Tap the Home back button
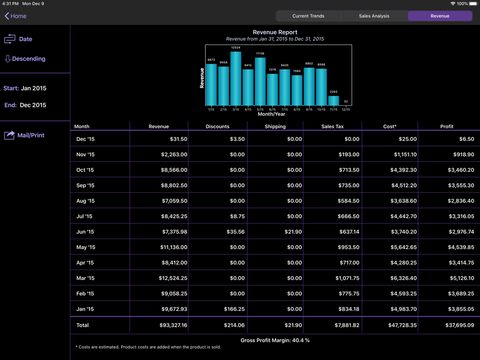pos(15,16)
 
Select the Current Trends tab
pos(308,16)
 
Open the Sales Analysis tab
pos(374,16)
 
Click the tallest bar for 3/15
pos(236,78)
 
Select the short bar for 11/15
pos(333,100)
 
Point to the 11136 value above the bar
pos(260,53)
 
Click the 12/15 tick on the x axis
pos(345,109)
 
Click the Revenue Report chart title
pos(275,32)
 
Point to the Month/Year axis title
pos(271,114)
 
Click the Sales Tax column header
pos(332,127)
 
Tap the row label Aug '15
pos(85,201)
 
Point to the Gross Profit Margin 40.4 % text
pos(275,340)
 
